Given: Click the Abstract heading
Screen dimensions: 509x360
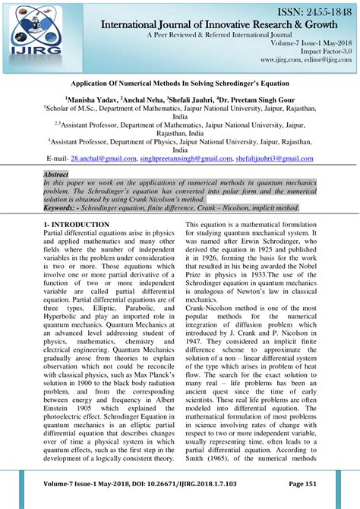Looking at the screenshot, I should (58, 175).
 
